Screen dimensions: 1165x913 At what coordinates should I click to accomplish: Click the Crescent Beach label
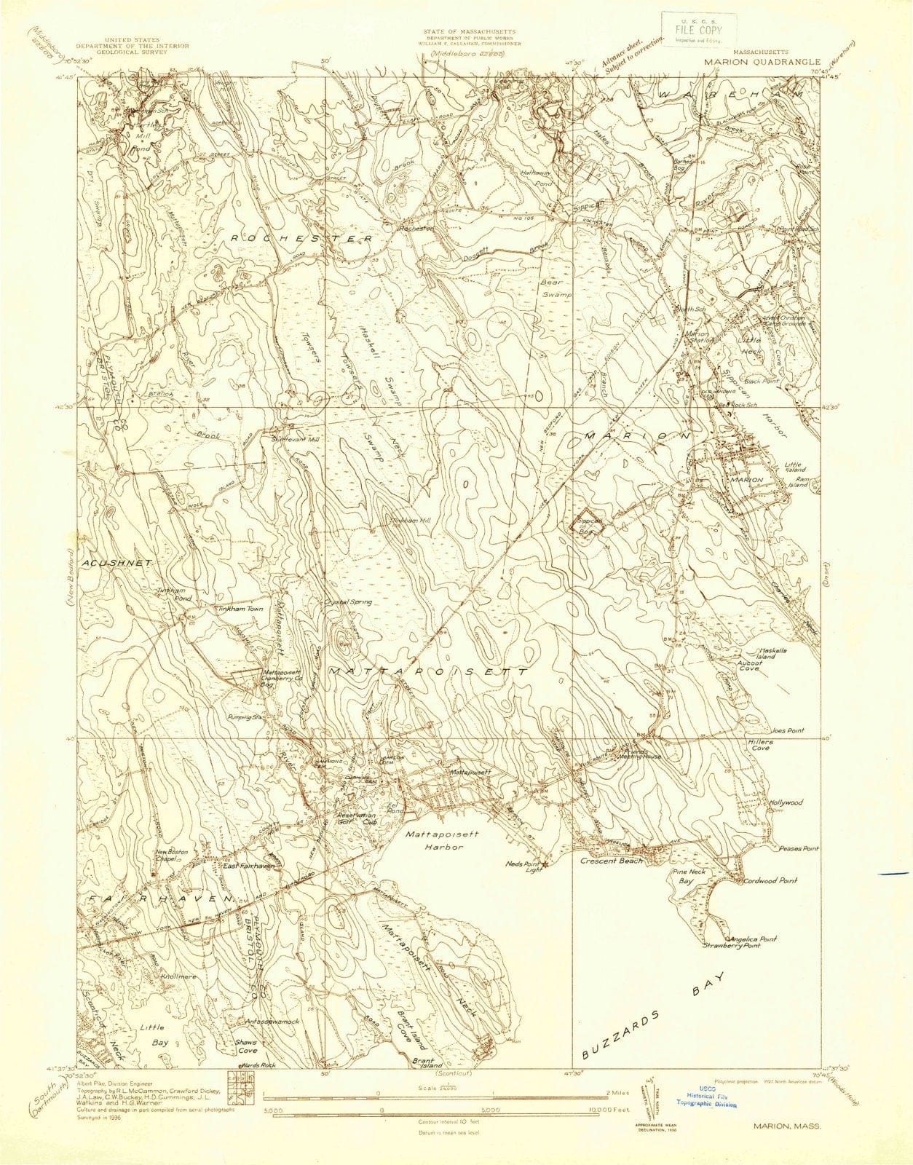(611, 861)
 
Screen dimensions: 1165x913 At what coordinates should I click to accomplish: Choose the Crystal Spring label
(349, 602)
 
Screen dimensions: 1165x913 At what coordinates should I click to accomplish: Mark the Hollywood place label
(786, 802)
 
